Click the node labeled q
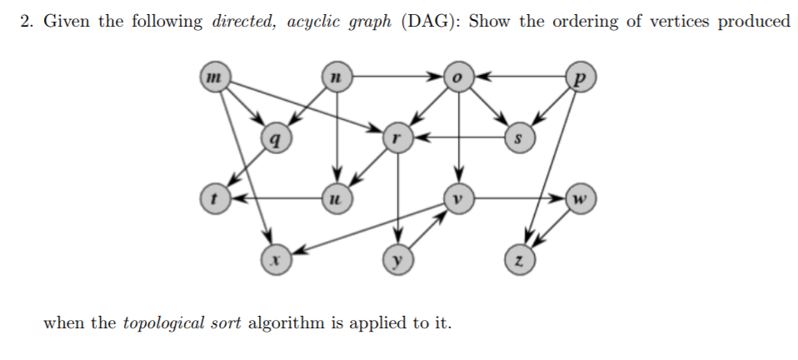click(275, 137)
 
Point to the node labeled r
click(397, 137)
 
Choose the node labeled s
click(518, 137)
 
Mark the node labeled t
click(214, 199)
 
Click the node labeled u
click(336, 199)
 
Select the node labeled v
click(457, 199)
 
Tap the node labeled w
click(580, 199)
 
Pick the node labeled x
click(275, 260)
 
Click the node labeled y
click(397, 260)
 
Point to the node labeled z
click(518, 260)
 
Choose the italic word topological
click(163, 323)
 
